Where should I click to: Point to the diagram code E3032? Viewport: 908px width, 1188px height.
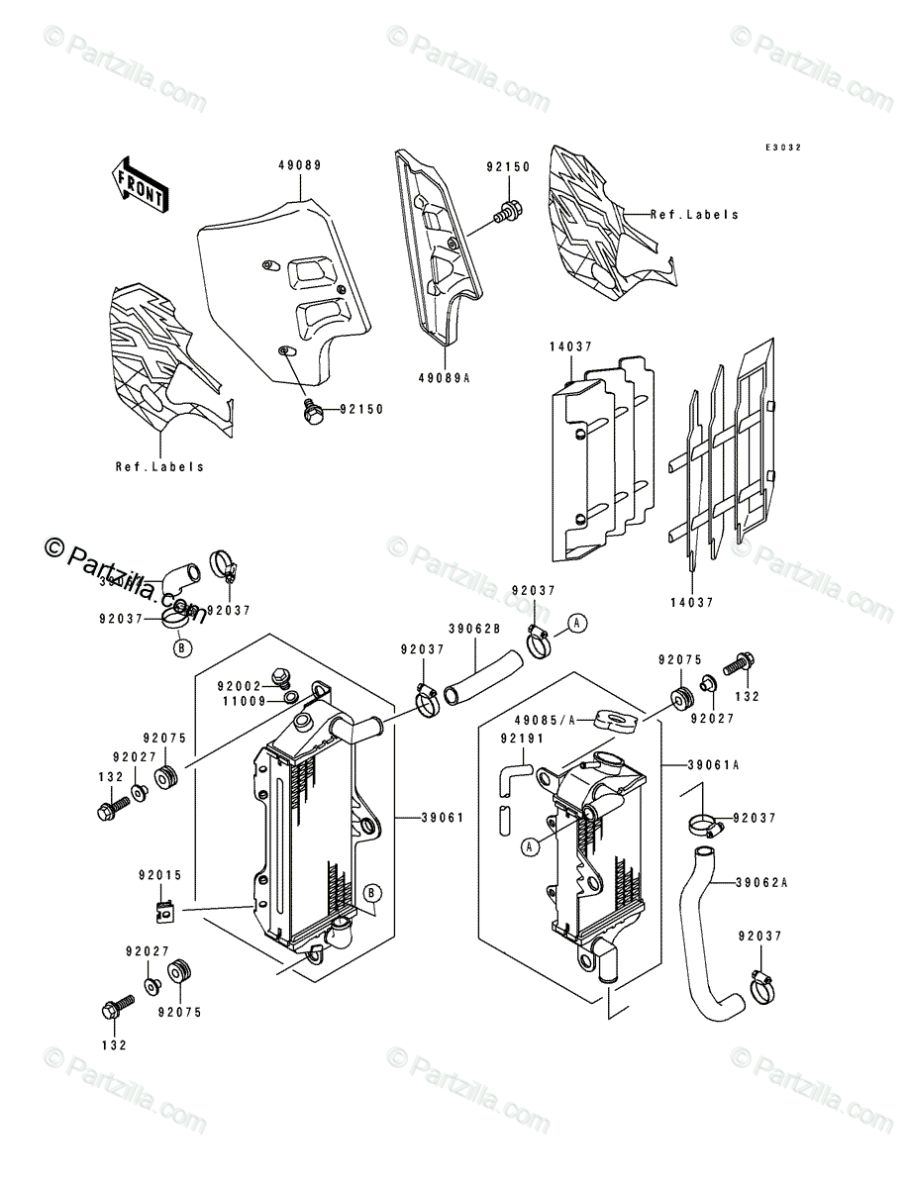pos(782,148)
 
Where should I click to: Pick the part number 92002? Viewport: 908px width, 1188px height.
pos(240,684)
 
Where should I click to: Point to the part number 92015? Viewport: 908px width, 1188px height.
pos(159,876)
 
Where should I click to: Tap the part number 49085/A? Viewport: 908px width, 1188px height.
pos(543,721)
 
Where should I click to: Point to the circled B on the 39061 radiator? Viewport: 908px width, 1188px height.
pos(371,893)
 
